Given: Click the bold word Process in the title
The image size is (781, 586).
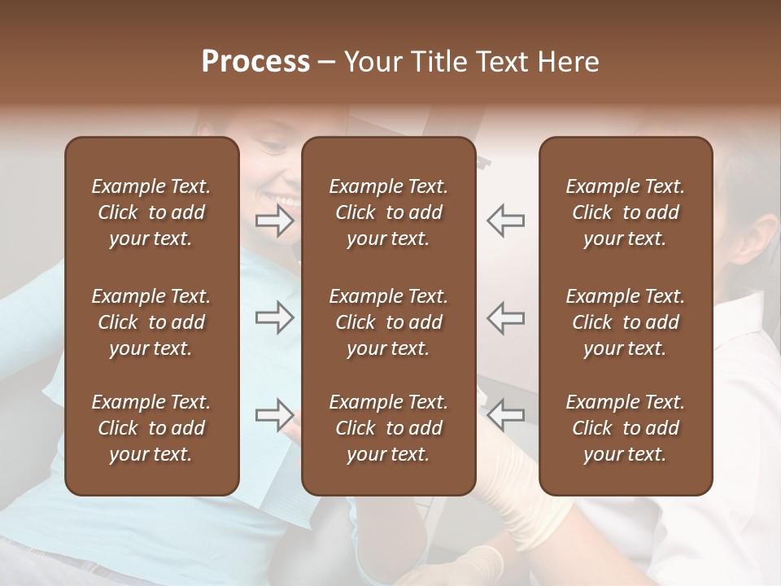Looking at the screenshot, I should [x=255, y=62].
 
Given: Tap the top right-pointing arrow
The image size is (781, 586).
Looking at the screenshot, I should [x=275, y=221].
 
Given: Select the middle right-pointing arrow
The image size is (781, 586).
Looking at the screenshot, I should [x=275, y=317].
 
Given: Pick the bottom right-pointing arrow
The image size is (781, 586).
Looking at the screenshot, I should [x=275, y=414].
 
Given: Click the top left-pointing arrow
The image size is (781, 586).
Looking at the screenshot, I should [x=506, y=221].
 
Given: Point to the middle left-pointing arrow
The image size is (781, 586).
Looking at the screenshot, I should [x=506, y=317].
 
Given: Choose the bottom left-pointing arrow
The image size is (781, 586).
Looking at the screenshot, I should [x=506, y=414].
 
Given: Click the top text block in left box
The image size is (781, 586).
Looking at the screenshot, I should [x=151, y=212].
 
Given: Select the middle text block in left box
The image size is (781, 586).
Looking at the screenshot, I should [x=151, y=322].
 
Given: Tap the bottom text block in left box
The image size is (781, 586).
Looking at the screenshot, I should [x=151, y=428].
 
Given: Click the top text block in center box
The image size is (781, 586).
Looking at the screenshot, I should [x=388, y=212].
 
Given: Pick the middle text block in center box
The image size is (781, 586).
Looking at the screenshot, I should [x=388, y=322].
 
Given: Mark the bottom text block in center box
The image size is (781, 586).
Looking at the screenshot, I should [x=388, y=428].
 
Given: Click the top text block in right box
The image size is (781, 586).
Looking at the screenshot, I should [x=625, y=212].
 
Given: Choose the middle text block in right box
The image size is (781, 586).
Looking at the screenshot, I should [x=625, y=322].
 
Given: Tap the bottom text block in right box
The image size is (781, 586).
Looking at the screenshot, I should [x=625, y=428].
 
